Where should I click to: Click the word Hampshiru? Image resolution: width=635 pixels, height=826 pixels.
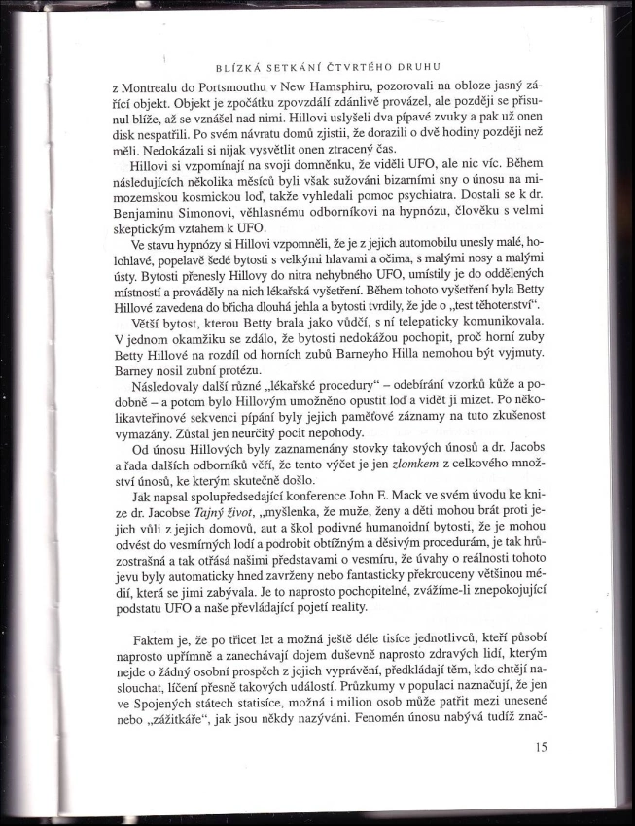pyautogui.click(x=367, y=88)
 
